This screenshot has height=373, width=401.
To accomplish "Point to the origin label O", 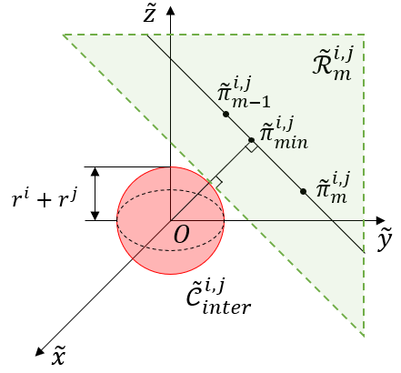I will click(182, 236).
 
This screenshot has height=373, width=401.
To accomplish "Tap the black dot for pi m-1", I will click(225, 115).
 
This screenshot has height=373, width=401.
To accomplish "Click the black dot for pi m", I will click(303, 192).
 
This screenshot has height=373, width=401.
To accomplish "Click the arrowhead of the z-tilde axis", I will click(171, 9).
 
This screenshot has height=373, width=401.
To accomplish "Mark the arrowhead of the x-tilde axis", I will click(39, 349).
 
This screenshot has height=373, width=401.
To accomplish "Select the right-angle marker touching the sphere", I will click(216, 183).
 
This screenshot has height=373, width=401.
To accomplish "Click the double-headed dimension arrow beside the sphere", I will click(95, 194).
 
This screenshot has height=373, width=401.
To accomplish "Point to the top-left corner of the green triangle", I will click(63, 35).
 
